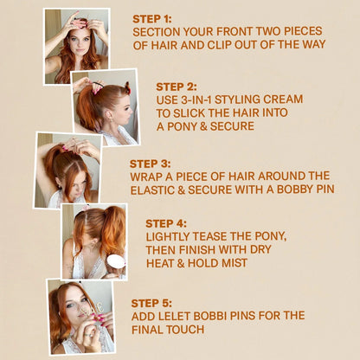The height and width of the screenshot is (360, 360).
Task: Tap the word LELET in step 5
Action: pos(177,316)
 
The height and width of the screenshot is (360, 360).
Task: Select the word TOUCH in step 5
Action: pos(190,330)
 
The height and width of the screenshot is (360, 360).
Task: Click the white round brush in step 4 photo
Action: pos(115,262)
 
